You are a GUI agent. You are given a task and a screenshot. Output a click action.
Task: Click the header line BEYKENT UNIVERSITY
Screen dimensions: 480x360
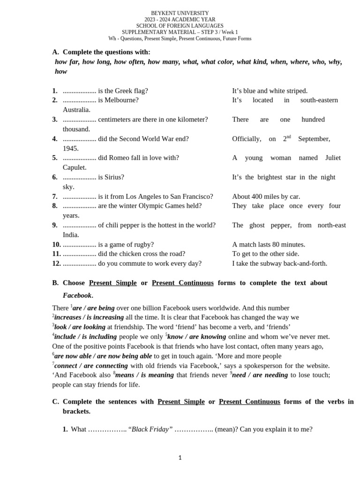(x=180, y=13)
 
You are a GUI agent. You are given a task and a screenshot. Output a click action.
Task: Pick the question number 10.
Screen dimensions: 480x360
(x=56, y=244)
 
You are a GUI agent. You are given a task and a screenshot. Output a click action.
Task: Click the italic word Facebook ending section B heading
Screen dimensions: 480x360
(x=77, y=295)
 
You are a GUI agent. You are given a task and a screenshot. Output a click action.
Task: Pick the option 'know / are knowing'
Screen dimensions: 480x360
(x=197, y=337)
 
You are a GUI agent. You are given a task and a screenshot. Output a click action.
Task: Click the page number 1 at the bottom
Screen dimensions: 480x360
(x=180, y=458)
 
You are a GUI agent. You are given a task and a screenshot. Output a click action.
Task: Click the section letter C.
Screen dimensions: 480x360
(x=55, y=401)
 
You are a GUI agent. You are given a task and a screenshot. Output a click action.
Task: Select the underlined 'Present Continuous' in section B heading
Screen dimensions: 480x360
(x=183, y=283)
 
